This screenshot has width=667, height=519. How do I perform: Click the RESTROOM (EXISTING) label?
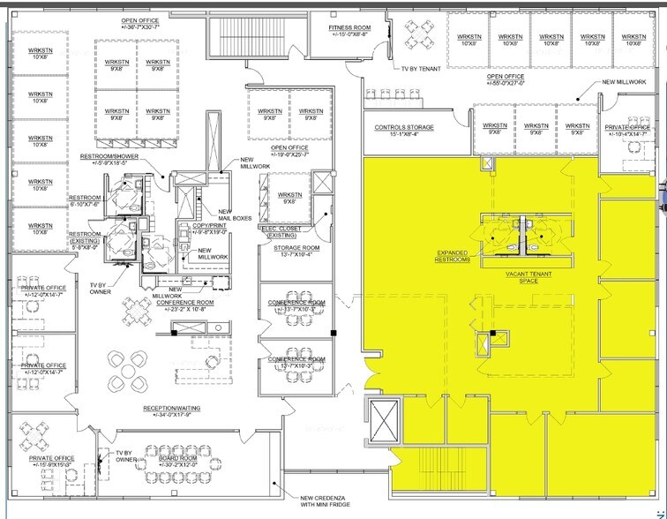[x=89, y=238]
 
